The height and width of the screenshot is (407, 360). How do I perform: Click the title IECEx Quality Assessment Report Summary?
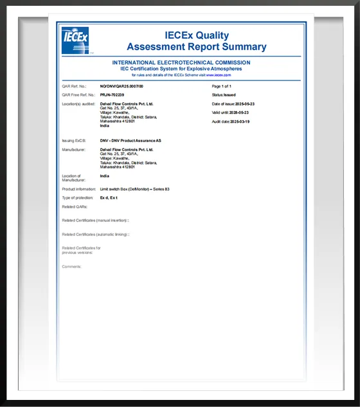click(196, 41)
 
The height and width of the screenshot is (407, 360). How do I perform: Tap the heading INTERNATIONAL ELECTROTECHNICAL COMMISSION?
click(181, 62)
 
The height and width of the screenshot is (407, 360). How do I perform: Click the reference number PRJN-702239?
click(112, 95)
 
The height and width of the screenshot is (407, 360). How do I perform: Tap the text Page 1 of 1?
click(221, 86)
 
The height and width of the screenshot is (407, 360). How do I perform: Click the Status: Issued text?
click(224, 95)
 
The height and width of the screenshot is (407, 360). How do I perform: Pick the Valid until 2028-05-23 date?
click(230, 113)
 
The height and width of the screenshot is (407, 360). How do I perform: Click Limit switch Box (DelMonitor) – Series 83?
click(134, 189)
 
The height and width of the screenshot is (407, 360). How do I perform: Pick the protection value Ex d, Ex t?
click(109, 198)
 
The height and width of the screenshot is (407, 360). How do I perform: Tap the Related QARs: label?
click(74, 207)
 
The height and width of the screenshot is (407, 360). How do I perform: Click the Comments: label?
click(71, 266)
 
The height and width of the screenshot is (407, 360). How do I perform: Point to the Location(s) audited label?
click(78, 104)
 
